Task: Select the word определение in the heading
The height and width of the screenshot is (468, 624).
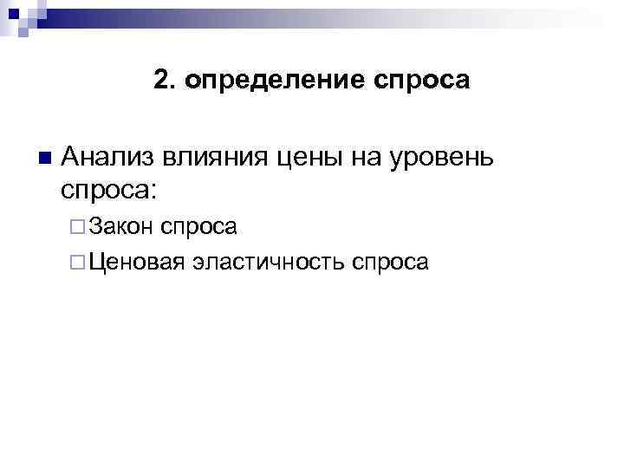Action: click(x=271, y=81)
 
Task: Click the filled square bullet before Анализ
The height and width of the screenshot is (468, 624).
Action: click(x=42, y=158)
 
